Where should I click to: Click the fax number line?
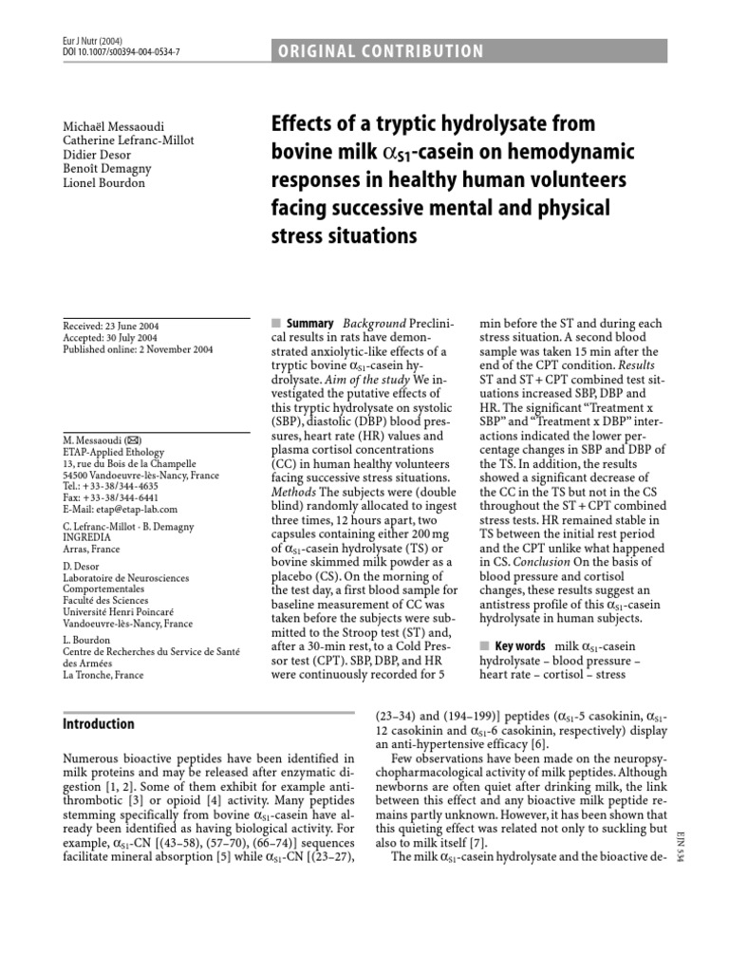103,471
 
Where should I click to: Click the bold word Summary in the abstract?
310,326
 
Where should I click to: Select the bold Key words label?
520,646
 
